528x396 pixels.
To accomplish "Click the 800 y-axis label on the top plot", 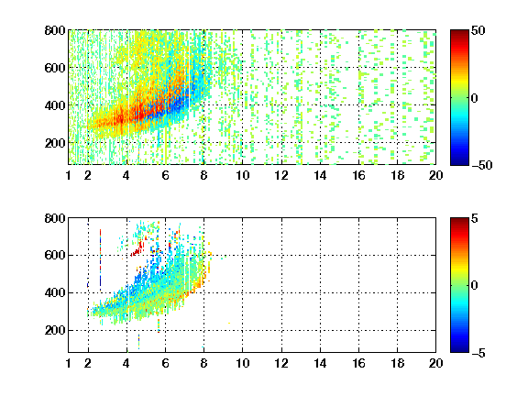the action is click(55, 30).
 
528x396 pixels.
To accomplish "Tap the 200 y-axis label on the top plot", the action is click(55, 143).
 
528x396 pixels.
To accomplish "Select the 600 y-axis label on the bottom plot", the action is click(55, 255).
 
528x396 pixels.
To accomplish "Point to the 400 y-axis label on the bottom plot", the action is click(55, 292).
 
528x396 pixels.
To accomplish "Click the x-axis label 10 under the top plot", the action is click(242, 175).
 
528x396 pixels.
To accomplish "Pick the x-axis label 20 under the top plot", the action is click(435, 175).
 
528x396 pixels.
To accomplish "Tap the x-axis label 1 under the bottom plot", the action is click(69, 363).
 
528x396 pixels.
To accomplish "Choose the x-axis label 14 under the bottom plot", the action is click(320, 363).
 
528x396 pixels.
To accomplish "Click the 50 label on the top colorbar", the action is click(478, 30).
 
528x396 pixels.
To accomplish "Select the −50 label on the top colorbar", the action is click(481, 165).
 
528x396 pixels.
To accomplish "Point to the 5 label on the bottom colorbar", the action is click(475, 218).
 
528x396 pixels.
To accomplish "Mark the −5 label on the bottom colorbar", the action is click(478, 353).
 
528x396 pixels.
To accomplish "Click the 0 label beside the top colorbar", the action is click(475, 98).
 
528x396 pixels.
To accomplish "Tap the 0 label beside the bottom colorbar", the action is click(475, 286).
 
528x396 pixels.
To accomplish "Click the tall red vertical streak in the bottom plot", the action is click(100, 259).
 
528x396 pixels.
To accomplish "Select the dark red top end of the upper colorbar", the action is click(459, 33).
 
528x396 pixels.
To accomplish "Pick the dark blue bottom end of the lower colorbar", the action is click(459, 349).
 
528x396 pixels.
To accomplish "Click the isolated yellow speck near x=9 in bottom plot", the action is click(229, 323).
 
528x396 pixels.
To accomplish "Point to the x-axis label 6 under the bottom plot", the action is click(165, 363).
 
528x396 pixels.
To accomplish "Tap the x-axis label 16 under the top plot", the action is click(358, 175).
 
